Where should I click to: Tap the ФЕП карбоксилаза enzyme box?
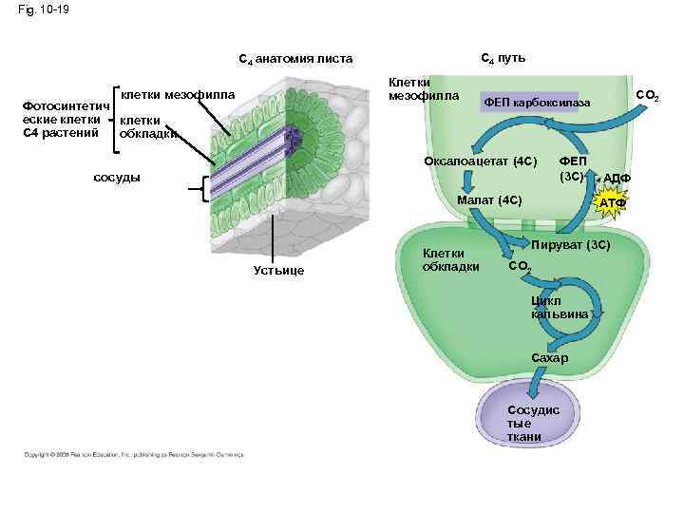[x=537, y=102]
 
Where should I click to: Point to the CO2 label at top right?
[x=648, y=95]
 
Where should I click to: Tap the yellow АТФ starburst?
[x=610, y=201]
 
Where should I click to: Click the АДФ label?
[x=617, y=179]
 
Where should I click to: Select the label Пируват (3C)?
[x=570, y=245]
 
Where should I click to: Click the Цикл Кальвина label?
[x=560, y=306]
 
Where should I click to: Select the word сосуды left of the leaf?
[x=119, y=178]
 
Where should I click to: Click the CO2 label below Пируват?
[x=522, y=267]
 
